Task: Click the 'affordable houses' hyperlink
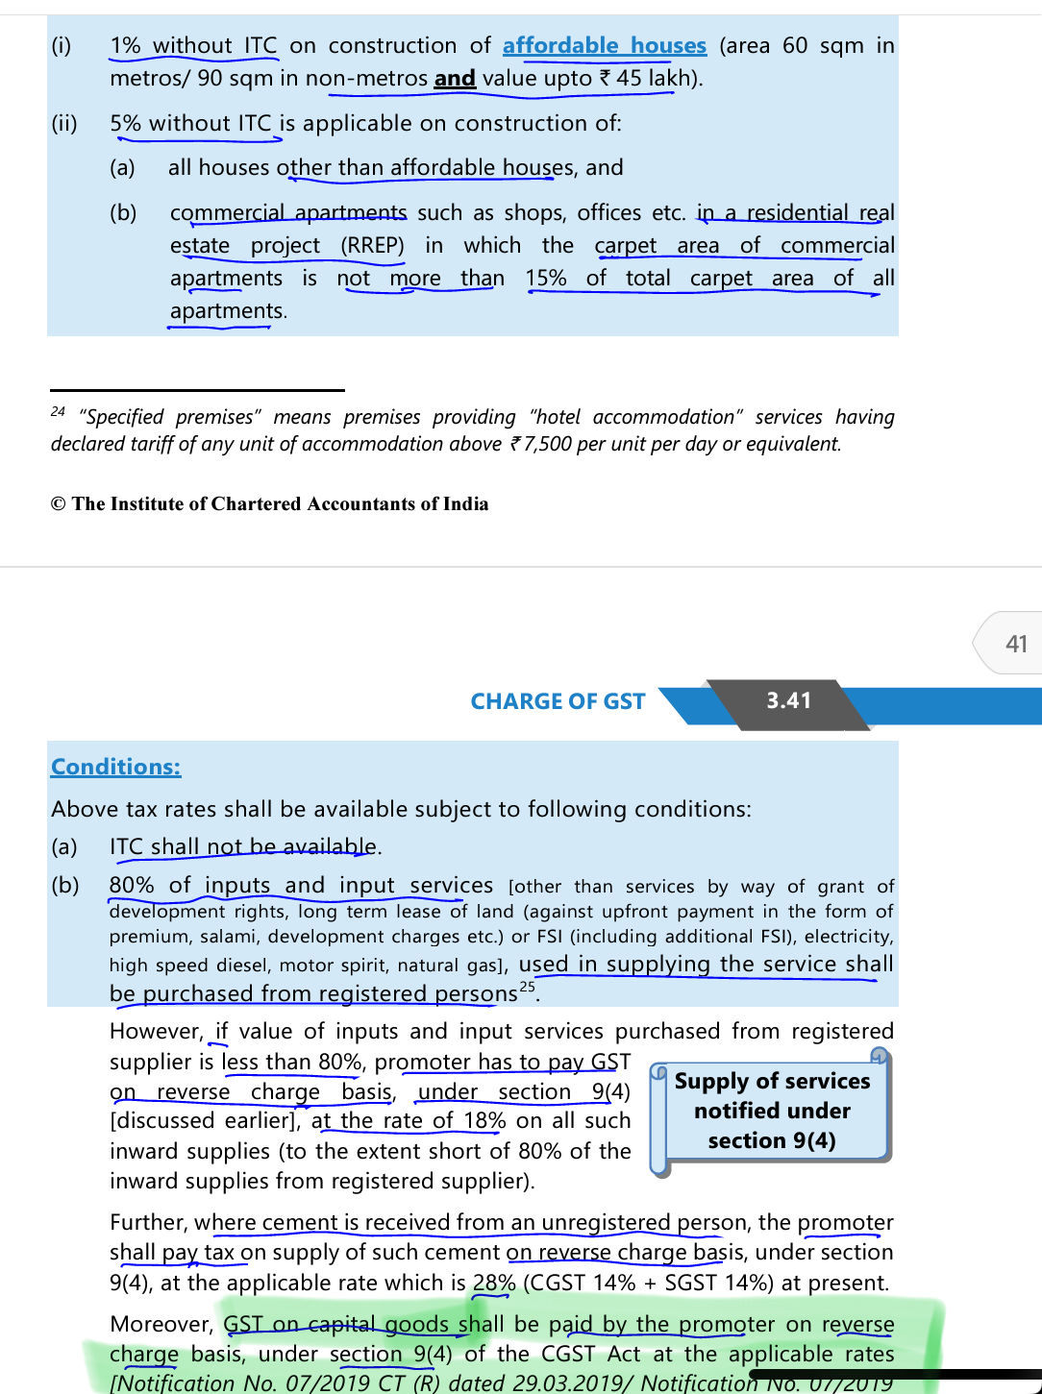click(x=604, y=46)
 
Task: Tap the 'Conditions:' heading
click(x=115, y=767)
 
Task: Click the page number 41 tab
click(x=1015, y=644)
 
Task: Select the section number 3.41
click(x=788, y=701)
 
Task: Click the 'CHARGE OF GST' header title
click(x=558, y=701)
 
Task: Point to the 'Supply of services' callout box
click(x=772, y=1111)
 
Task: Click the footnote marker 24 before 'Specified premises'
click(x=59, y=412)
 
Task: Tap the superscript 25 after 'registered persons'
click(x=527, y=987)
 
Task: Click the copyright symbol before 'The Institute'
click(x=59, y=504)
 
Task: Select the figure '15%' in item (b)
click(x=546, y=279)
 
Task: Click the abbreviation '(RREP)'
click(x=372, y=246)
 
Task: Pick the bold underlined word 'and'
click(x=455, y=79)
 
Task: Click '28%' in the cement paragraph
click(x=494, y=1284)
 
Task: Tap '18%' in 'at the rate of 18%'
click(x=484, y=1121)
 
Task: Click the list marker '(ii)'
click(x=64, y=124)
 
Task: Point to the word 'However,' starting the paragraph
click(x=155, y=1032)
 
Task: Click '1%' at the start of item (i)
click(x=125, y=46)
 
